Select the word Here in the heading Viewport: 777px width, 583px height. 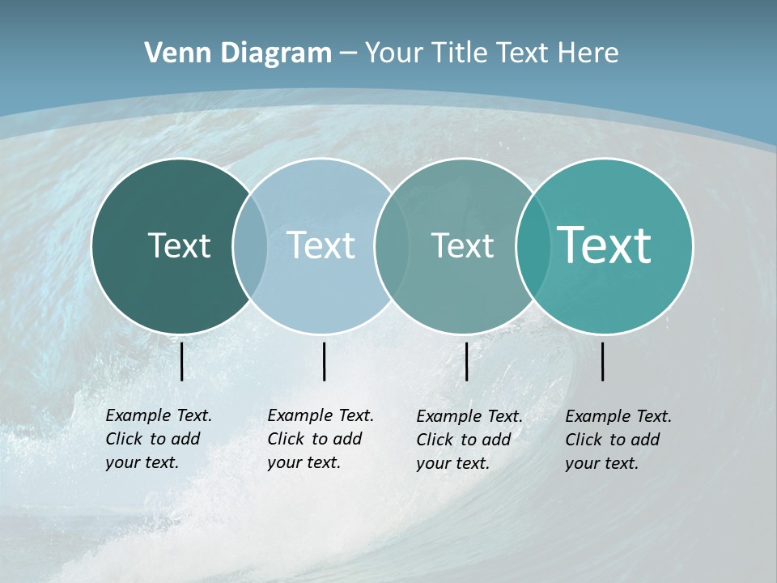coord(588,53)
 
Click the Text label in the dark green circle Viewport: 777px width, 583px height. coord(179,245)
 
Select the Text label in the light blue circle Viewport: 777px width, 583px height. coord(321,245)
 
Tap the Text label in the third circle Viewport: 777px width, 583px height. coord(462,245)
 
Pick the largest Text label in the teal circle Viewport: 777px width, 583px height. coord(605,245)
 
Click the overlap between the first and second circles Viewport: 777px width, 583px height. coord(250,246)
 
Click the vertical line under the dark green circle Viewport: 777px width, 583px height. coord(181,361)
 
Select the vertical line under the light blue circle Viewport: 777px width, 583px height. coord(324,361)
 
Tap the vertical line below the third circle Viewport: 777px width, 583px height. coord(466,361)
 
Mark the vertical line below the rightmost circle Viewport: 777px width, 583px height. coord(602,361)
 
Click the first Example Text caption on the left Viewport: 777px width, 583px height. coord(159,439)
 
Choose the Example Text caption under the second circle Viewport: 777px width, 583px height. coord(321,439)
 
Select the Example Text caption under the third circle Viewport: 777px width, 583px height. coord(469,440)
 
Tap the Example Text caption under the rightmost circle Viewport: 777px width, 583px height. coord(618,440)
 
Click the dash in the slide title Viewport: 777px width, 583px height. coord(348,53)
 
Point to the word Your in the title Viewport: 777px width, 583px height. coord(393,53)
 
